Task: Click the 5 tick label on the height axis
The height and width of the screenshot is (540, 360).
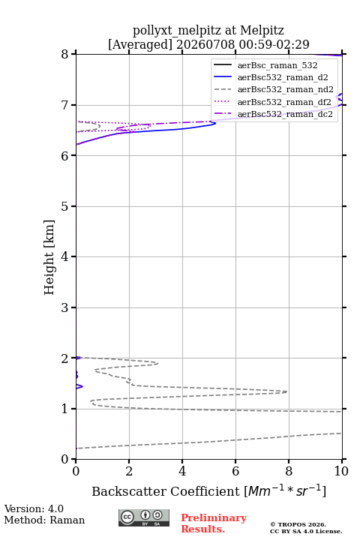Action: click(64, 206)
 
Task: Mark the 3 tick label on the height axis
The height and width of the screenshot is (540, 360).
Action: click(64, 307)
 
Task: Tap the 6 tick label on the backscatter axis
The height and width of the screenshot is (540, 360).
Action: click(235, 471)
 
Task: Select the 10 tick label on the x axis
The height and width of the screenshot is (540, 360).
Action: click(341, 471)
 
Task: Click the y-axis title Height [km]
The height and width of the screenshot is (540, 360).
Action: click(49, 257)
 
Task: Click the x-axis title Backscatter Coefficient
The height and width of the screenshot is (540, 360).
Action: click(165, 491)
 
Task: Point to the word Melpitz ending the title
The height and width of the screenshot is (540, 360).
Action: click(262, 30)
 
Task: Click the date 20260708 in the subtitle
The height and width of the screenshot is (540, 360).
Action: click(205, 44)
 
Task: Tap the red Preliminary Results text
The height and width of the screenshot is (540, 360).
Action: click(214, 523)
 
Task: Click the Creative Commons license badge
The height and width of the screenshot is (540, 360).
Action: click(144, 518)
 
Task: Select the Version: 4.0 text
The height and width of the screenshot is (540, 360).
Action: click(34, 508)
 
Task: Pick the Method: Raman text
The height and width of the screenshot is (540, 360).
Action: click(44, 520)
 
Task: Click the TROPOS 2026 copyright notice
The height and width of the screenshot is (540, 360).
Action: click(298, 524)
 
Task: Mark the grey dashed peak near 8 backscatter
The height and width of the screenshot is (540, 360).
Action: click(286, 391)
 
